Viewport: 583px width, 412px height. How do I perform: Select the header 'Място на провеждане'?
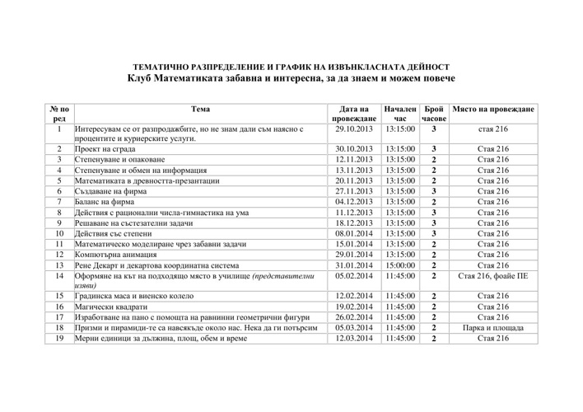(493, 109)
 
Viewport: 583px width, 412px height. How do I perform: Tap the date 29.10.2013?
(355, 129)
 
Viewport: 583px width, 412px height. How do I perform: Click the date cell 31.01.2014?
(355, 265)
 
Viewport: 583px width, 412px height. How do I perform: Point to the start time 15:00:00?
(399, 265)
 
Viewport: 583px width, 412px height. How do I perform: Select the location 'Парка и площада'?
(493, 327)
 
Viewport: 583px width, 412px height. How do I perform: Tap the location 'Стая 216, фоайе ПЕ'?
(493, 276)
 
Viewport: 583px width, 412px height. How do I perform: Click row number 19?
(59, 338)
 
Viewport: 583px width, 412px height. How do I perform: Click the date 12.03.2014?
(355, 338)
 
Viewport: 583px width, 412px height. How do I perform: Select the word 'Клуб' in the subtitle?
(142, 78)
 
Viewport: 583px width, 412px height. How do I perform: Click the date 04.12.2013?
(355, 202)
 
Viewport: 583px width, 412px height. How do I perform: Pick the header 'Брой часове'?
(433, 114)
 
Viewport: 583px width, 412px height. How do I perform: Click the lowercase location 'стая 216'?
(493, 129)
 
